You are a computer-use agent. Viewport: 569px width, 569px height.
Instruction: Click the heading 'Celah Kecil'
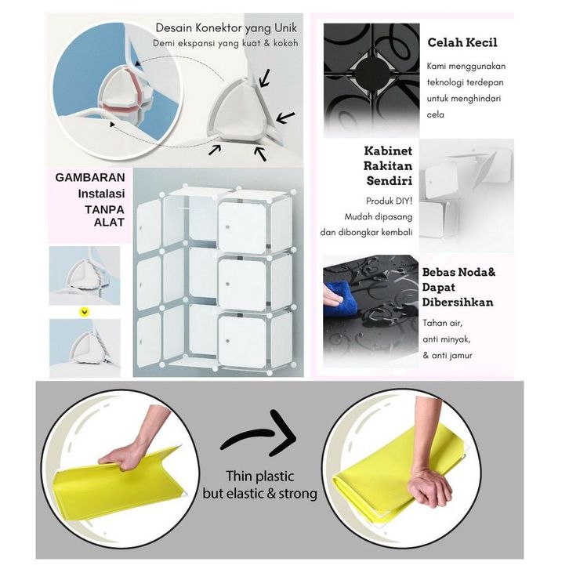[462, 42]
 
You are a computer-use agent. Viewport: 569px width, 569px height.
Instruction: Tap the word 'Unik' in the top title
[285, 27]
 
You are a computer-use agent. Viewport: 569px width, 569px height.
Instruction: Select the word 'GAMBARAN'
[90, 177]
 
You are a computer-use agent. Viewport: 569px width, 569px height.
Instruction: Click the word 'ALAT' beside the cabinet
[109, 222]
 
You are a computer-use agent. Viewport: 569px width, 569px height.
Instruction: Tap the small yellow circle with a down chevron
[85, 312]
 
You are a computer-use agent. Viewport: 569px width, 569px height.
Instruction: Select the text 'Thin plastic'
[260, 476]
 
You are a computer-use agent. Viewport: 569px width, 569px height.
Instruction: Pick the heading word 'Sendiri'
[389, 180]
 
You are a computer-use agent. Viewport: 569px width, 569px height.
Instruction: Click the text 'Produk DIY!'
[389, 201]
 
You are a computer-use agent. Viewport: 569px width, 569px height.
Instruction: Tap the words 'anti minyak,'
[447, 339]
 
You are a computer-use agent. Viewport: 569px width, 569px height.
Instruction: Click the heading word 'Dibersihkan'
[458, 303]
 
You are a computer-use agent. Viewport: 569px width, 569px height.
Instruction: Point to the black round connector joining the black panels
[371, 74]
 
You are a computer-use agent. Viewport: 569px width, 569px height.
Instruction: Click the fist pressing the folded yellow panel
[430, 486]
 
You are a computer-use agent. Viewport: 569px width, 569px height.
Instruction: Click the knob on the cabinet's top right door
[227, 227]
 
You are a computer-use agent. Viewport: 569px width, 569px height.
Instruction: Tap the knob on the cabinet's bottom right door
[227, 341]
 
